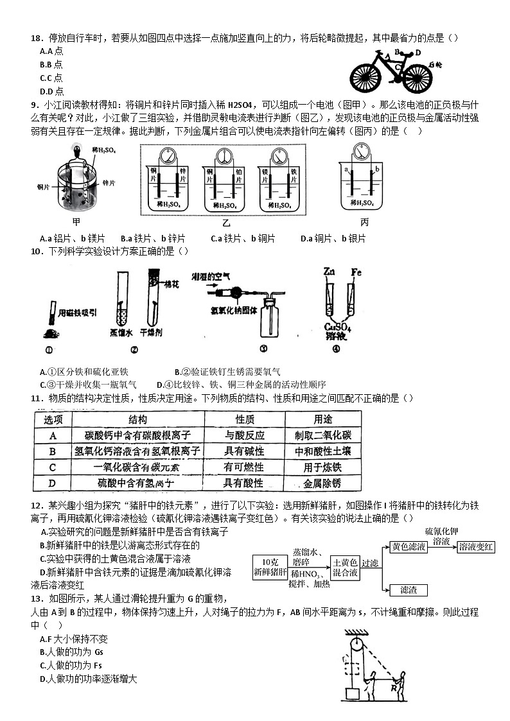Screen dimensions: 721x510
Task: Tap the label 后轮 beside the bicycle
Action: [435, 64]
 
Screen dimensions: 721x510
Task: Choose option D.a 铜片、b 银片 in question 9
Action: [333, 238]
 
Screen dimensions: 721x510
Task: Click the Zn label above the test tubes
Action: [331, 271]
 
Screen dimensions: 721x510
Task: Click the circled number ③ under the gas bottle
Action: [263, 349]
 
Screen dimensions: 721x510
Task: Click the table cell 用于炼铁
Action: [322, 467]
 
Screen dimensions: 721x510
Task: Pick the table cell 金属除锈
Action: [322, 483]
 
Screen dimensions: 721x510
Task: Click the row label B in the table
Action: [53, 451]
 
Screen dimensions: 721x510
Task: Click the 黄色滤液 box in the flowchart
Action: [409, 546]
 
